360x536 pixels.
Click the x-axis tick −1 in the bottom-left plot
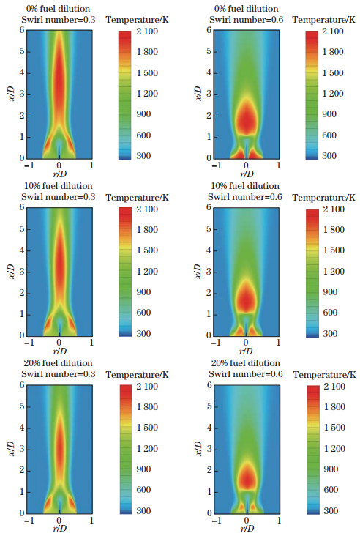coord(26,521)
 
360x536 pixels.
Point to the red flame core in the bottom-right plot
coord(247,478)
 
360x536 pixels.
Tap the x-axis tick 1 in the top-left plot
coord(91,165)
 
